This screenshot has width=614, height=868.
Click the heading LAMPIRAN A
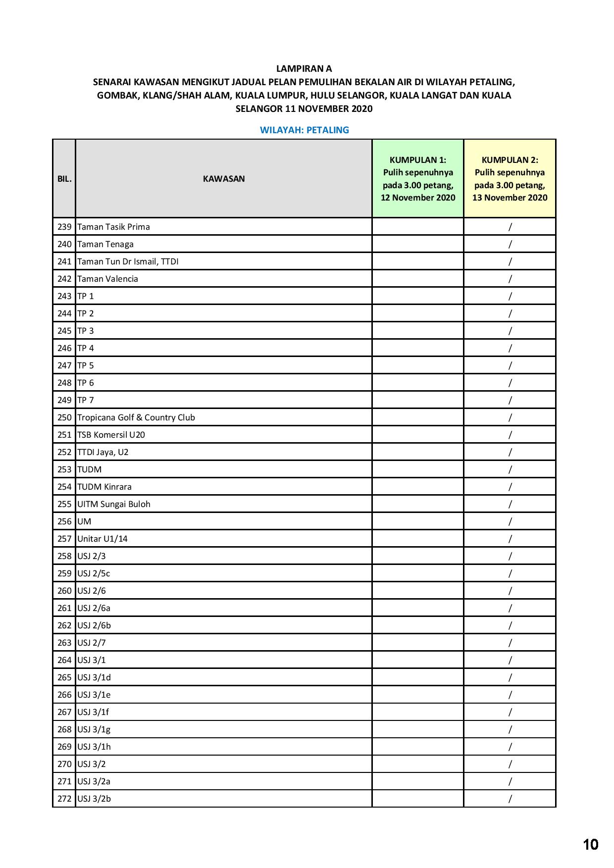coord(304,69)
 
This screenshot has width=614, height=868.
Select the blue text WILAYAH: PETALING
coord(304,130)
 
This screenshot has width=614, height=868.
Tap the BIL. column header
coord(64,179)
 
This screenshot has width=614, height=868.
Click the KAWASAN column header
coord(224,179)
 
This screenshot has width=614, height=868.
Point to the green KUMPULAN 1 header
coord(417,179)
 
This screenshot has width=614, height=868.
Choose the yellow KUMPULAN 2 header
coord(510,179)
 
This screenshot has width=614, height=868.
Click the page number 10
coord(591,844)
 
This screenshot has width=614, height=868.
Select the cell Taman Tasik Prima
coord(113,227)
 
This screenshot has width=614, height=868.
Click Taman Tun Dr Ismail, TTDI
coord(128,261)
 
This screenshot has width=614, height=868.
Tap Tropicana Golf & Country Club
coord(136,417)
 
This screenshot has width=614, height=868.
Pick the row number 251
coord(64,435)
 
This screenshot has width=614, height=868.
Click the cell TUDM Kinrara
coord(104,487)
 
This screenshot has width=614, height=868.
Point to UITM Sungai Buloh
coord(114,504)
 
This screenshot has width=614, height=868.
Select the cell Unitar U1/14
coord(102,539)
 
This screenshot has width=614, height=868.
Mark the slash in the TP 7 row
coord(510,400)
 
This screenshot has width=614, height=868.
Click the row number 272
coord(64,799)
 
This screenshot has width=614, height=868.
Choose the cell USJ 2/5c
coord(94,573)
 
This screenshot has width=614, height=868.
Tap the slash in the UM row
coord(510,521)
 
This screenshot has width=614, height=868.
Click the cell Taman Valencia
coord(107,279)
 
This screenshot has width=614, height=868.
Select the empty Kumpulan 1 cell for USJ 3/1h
coord(417,747)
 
